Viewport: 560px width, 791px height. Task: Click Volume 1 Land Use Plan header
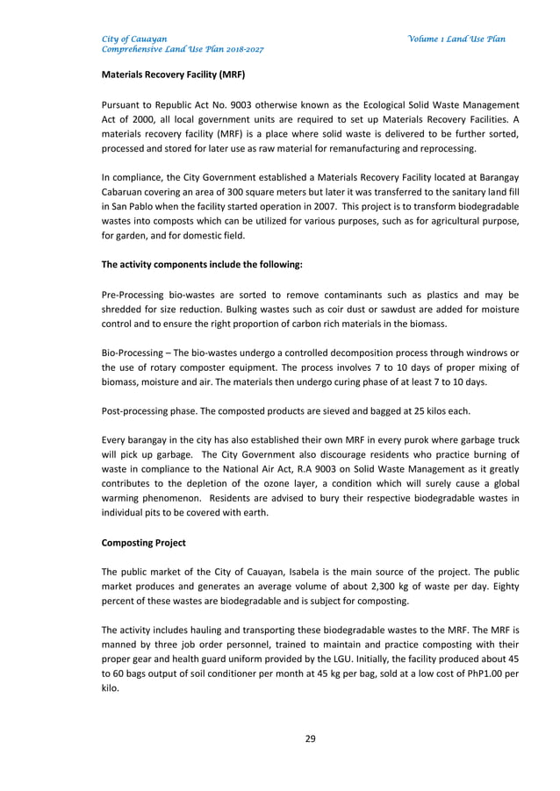(x=456, y=39)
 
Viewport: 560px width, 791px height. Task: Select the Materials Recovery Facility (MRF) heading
(x=173, y=75)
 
